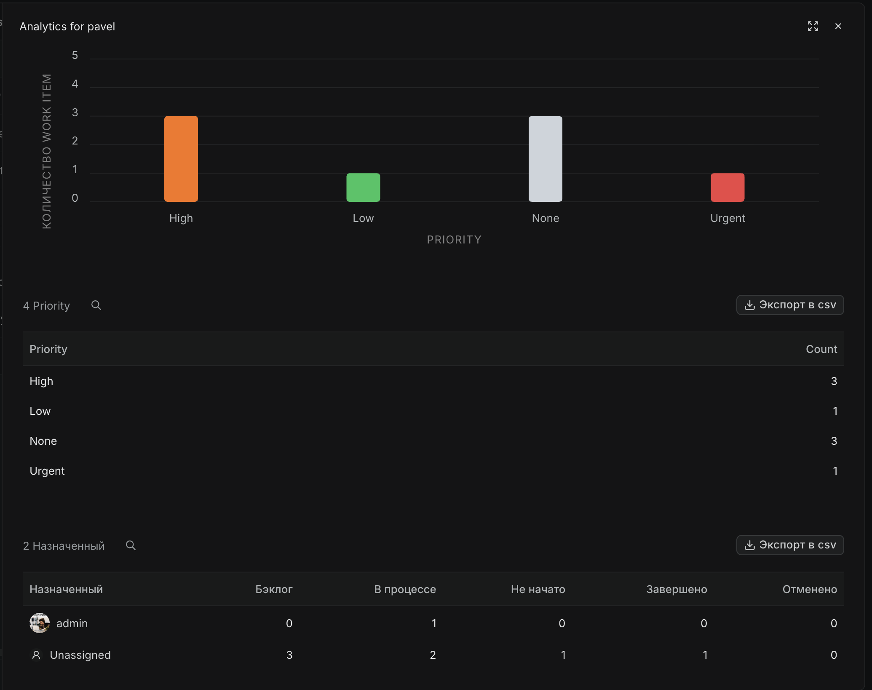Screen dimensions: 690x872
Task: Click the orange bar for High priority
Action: click(x=181, y=159)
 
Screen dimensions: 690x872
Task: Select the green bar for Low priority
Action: click(x=363, y=187)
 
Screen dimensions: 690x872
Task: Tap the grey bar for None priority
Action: click(x=545, y=159)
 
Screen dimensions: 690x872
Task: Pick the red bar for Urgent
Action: click(x=728, y=187)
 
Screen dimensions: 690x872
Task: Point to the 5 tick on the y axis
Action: click(x=75, y=55)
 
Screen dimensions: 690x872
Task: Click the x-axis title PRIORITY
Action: click(x=454, y=240)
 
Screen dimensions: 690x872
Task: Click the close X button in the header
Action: click(x=838, y=26)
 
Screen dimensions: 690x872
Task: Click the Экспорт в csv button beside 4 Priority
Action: click(x=790, y=305)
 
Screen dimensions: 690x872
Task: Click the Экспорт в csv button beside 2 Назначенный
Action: click(x=790, y=545)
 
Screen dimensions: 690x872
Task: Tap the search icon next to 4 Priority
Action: click(x=96, y=305)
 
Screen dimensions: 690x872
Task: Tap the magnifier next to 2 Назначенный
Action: click(x=131, y=546)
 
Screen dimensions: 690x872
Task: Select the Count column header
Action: click(x=821, y=349)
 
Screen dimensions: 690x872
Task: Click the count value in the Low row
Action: click(x=835, y=411)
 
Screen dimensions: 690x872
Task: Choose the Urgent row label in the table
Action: click(x=47, y=471)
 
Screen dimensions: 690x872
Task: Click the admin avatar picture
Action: click(x=40, y=623)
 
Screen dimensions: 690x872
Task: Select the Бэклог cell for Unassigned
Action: click(x=289, y=655)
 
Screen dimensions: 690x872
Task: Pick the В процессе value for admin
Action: click(x=434, y=623)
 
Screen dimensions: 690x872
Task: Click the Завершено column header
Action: click(x=677, y=589)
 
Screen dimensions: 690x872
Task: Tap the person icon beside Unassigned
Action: click(x=36, y=655)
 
